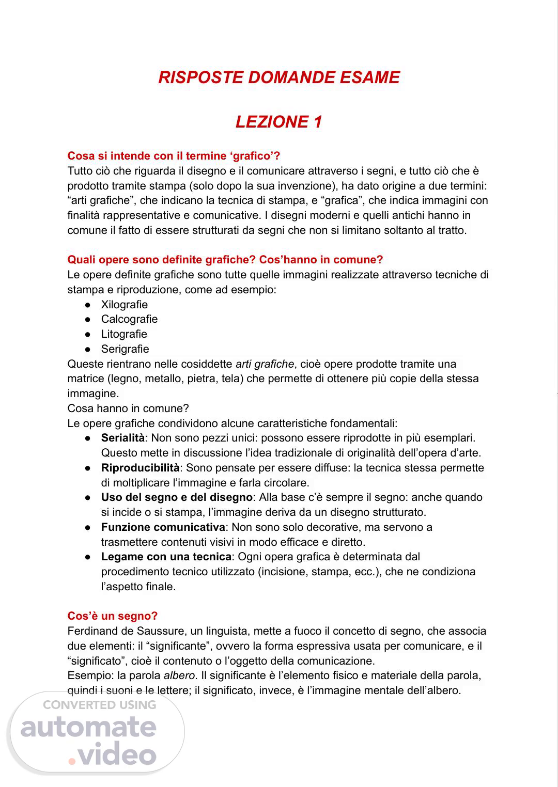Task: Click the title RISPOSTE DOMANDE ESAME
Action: click(279, 77)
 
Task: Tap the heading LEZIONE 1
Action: click(279, 122)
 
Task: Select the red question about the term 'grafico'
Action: click(174, 156)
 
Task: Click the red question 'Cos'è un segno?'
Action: click(113, 616)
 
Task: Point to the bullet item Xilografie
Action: click(125, 305)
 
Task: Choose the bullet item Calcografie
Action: click(129, 319)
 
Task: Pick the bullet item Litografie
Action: click(124, 334)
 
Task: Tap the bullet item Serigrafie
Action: click(125, 349)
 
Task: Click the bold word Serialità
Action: click(123, 438)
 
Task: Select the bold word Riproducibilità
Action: click(140, 468)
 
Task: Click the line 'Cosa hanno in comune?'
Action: click(129, 408)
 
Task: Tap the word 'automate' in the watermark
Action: click(88, 728)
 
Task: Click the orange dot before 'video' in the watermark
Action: click(73, 761)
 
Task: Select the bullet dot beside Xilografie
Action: click(88, 305)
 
